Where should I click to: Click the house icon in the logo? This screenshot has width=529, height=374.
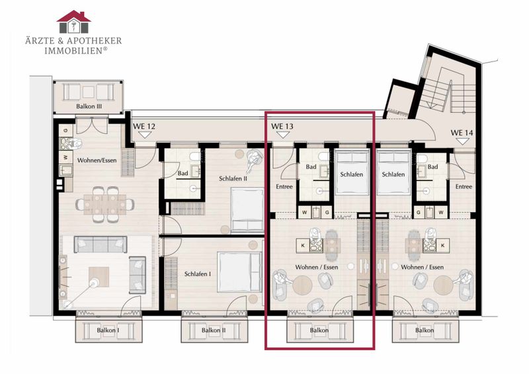point(73,22)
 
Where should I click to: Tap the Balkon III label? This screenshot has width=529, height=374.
point(89,106)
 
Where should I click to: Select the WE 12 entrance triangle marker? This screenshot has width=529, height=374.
point(145,135)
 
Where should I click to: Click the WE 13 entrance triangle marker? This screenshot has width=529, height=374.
point(283,135)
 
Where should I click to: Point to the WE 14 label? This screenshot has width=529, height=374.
point(462,133)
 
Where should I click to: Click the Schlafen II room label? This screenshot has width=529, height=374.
point(233,178)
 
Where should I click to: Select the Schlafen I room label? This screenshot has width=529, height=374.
point(198,274)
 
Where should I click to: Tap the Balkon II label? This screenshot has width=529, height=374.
point(213,330)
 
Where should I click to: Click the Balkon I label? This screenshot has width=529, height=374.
point(108,330)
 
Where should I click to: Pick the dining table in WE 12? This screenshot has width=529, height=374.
point(105,204)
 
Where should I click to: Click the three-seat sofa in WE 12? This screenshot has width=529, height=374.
point(101,244)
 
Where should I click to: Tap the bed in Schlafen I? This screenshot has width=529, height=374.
point(240,272)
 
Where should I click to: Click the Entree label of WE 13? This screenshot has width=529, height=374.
point(284,186)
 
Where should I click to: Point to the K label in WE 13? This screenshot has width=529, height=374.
point(303,246)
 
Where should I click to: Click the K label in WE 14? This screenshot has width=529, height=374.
point(443,246)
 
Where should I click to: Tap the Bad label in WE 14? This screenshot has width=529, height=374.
point(432,167)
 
